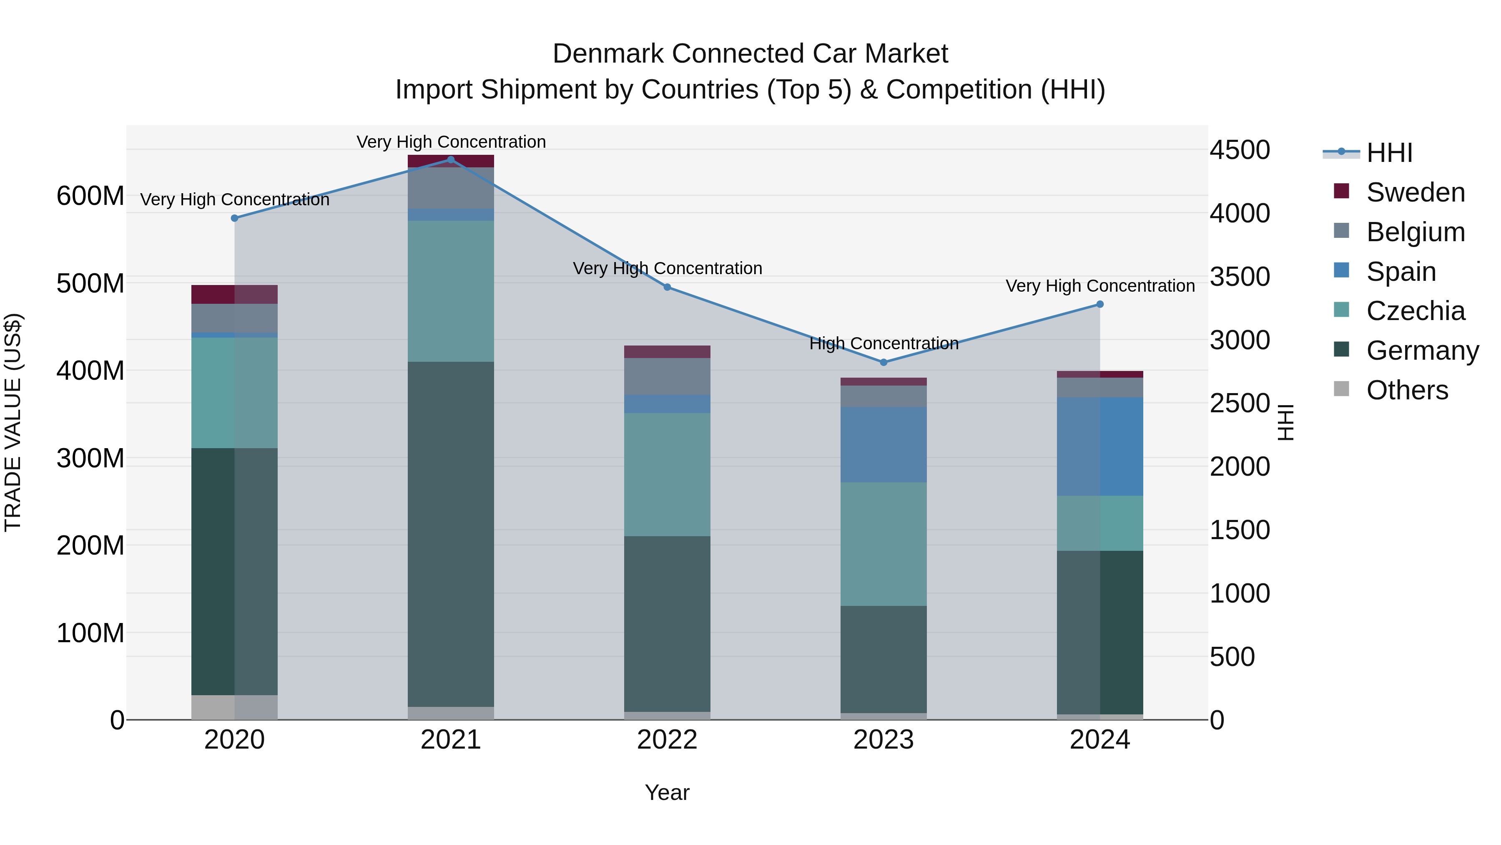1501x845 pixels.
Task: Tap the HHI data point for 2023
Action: pyautogui.click(x=884, y=362)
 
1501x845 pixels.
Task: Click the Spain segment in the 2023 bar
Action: pyautogui.click(x=884, y=444)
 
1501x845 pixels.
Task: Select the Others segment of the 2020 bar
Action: pyautogui.click(x=234, y=707)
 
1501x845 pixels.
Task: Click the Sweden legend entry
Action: pyautogui.click(x=1415, y=192)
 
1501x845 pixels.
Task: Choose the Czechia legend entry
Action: pyautogui.click(x=1415, y=311)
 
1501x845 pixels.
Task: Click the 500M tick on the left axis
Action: pyautogui.click(x=90, y=283)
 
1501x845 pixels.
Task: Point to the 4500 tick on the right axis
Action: pyautogui.click(x=1240, y=150)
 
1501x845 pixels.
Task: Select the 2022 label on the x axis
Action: pyautogui.click(x=667, y=740)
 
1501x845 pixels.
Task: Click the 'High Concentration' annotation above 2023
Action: pyautogui.click(x=884, y=343)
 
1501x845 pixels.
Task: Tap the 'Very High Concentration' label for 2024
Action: pyautogui.click(x=1099, y=286)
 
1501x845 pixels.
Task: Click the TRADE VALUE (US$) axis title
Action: pyautogui.click(x=13, y=422)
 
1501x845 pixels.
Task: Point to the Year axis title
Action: pyautogui.click(x=667, y=792)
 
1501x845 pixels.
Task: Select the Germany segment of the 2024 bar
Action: pyautogui.click(x=1099, y=632)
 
